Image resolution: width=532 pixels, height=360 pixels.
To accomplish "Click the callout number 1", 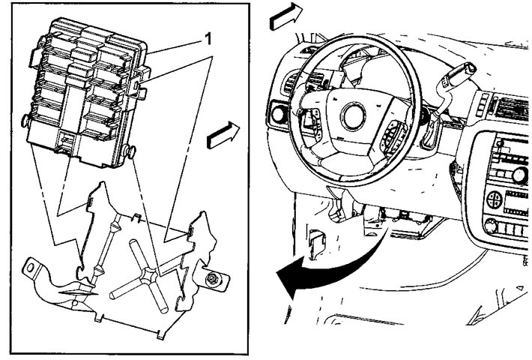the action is pyautogui.click(x=208, y=39).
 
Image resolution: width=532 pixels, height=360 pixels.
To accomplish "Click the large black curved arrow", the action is pyautogui.click(x=326, y=271).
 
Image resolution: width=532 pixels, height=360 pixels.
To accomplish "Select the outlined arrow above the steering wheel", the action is pyautogui.click(x=285, y=16).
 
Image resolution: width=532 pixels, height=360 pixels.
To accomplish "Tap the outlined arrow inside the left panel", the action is pyautogui.click(x=223, y=135).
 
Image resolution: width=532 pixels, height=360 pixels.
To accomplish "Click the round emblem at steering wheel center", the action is pyautogui.click(x=354, y=115).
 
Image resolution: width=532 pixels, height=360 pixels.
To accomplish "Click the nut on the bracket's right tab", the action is pyautogui.click(x=212, y=279).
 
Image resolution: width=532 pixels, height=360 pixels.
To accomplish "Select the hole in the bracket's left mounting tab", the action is pyautogui.click(x=30, y=268).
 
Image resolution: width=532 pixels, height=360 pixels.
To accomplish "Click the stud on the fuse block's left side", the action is pyautogui.click(x=25, y=121).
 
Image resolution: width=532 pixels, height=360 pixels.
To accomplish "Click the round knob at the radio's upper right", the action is pyautogui.click(x=519, y=175).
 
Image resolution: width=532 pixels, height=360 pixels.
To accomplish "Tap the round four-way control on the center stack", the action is pyautogui.click(x=495, y=199).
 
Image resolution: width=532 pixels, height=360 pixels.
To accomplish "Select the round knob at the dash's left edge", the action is pyautogui.click(x=277, y=114).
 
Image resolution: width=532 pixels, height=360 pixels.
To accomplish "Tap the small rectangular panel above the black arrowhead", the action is pyautogui.click(x=317, y=244).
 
